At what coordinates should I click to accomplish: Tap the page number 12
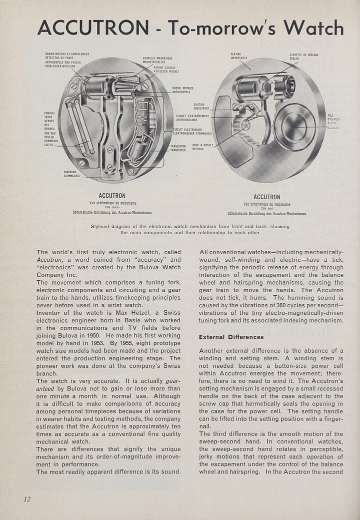coord(26,498)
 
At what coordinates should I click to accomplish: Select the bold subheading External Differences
coord(231,337)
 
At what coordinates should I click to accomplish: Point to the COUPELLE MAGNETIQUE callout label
coord(157,60)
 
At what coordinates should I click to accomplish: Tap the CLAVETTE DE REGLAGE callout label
coord(304,56)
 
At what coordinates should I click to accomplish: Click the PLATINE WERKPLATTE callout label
coord(239,56)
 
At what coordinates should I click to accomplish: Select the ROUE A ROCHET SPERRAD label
coord(202,147)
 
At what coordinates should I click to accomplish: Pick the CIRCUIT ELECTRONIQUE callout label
coord(192,132)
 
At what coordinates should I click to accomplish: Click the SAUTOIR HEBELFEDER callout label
coord(201,106)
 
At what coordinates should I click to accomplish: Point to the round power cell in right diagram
coord(293,127)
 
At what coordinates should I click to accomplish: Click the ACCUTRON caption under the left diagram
coord(112,195)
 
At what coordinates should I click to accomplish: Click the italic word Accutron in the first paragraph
coord(48,260)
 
